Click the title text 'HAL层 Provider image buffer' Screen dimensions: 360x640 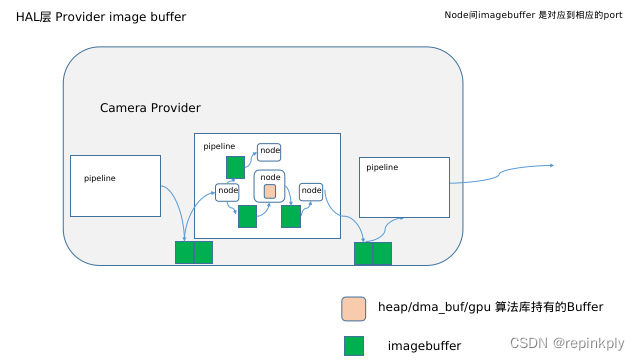point(101,18)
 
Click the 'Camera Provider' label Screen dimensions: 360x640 point(150,107)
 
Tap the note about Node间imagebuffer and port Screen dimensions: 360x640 point(533,15)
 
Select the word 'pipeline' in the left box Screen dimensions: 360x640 point(100,178)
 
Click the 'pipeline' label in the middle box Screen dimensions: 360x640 point(219,146)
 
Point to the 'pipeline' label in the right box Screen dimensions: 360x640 point(382,167)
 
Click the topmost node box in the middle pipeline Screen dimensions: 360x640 point(269,152)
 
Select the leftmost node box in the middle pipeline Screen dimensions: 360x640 point(228,191)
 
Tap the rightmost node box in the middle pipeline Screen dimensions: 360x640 point(311,190)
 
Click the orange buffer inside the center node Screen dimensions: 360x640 point(270,191)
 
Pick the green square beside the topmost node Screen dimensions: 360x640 point(235,167)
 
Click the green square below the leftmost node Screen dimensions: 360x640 point(247,217)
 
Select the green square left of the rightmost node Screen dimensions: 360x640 point(291,217)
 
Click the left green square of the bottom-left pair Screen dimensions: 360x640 point(184,252)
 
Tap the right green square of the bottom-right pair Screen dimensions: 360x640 point(382,253)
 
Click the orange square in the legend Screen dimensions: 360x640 point(353,307)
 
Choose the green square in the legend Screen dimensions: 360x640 point(353,346)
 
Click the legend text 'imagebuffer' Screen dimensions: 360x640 point(424,346)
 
